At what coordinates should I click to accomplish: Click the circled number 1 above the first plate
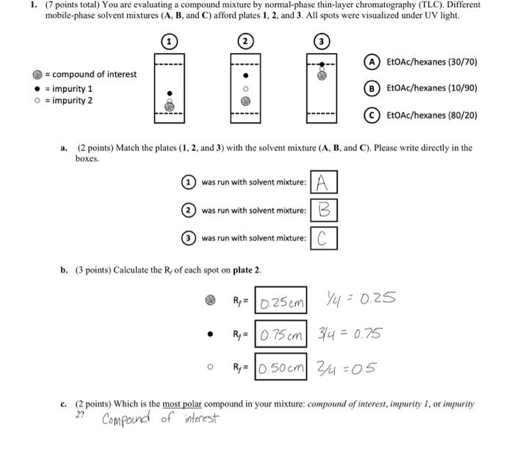(x=169, y=42)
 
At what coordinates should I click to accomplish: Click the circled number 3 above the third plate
(x=322, y=42)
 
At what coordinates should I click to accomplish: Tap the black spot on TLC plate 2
(x=245, y=75)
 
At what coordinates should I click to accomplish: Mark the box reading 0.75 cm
(x=282, y=334)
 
